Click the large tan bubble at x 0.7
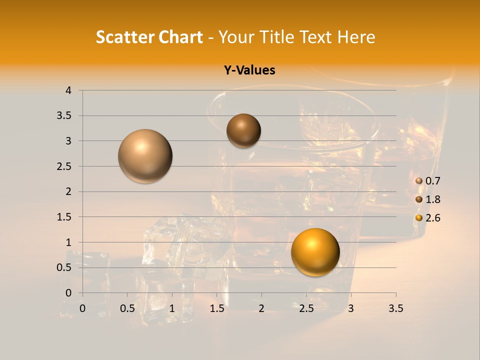click(x=145, y=156)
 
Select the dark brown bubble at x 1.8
click(x=243, y=130)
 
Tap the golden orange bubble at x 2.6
click(x=315, y=252)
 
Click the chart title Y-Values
click(x=249, y=70)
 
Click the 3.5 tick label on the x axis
click(x=395, y=308)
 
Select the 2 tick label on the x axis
click(x=261, y=308)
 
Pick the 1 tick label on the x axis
click(x=172, y=308)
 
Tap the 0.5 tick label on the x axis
click(x=127, y=308)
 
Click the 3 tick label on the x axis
click(x=351, y=308)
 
